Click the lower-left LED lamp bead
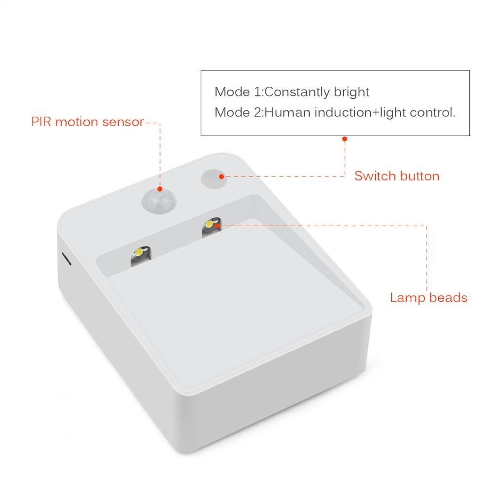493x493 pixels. coord(139,253)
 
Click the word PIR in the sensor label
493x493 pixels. coord(41,122)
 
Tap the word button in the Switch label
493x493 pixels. coord(418,176)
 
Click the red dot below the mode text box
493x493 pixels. coord(345,139)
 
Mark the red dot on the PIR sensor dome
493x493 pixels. coord(160,189)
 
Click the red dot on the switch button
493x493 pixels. coord(221,176)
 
